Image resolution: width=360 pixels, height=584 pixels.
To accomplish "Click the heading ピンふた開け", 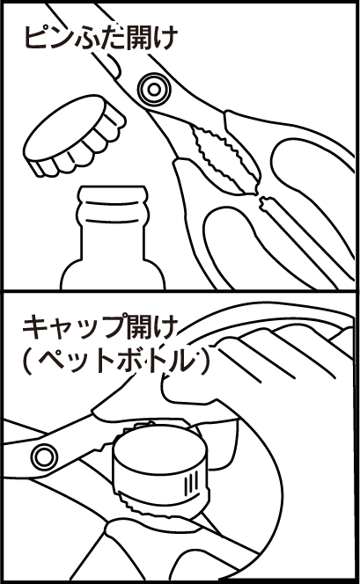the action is pos(99,37).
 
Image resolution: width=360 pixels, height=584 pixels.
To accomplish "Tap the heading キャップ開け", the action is pos(99,327).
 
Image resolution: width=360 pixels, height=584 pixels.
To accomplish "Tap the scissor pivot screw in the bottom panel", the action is pos(44,455).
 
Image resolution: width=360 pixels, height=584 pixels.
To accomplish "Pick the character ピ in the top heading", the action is pos(36,37).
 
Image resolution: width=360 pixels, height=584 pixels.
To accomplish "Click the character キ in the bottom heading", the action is pos(35,327).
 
